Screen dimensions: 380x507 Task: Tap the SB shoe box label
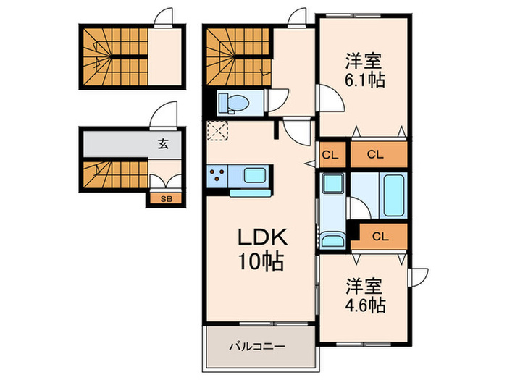(166, 198)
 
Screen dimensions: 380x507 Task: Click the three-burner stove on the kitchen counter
(217, 174)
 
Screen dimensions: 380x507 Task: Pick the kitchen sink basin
(256, 175)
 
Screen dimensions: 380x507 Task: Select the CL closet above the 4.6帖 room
(380, 235)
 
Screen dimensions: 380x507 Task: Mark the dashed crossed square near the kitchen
(217, 132)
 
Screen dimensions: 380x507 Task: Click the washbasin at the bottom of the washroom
(333, 240)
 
